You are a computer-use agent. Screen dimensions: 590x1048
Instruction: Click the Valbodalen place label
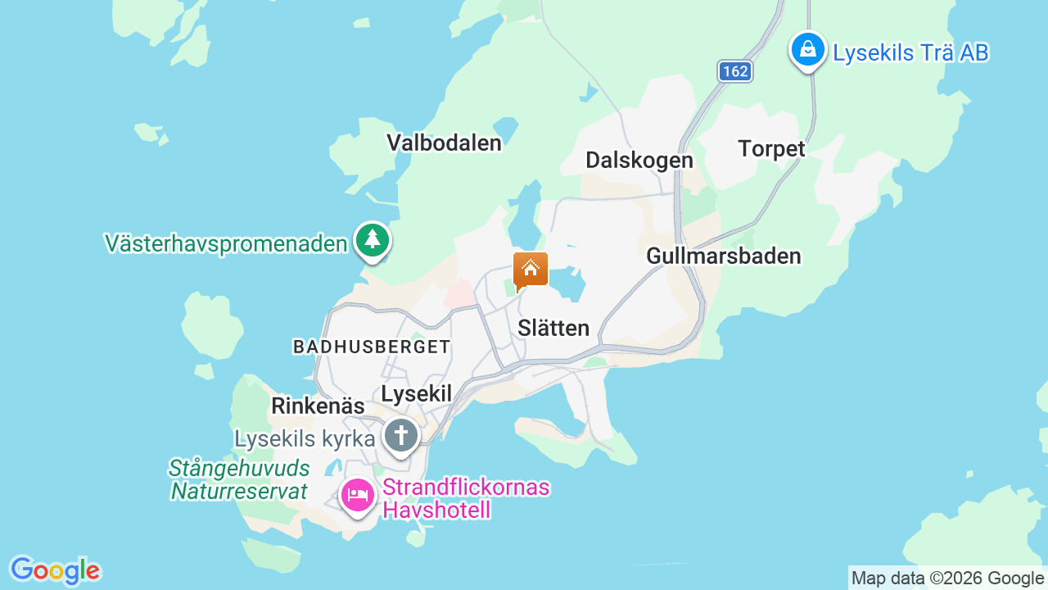click(x=444, y=143)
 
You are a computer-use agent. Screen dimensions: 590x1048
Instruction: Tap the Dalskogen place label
click(x=639, y=160)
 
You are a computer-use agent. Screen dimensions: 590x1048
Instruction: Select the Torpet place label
click(x=771, y=149)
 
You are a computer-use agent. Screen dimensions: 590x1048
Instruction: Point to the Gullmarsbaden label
click(x=724, y=256)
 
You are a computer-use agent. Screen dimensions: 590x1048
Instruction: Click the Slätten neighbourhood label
click(x=553, y=328)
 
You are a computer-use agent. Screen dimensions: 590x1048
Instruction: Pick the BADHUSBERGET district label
click(x=373, y=347)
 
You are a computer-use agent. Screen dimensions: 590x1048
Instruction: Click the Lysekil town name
click(x=417, y=394)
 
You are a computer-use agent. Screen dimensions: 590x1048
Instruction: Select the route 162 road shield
click(x=735, y=71)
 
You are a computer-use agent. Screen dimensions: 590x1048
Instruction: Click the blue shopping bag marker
click(x=808, y=49)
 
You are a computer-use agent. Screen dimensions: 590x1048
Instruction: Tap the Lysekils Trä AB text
click(x=910, y=52)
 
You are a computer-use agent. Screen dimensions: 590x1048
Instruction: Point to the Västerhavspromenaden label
click(x=226, y=243)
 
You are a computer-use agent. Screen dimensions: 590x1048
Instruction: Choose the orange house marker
click(x=531, y=270)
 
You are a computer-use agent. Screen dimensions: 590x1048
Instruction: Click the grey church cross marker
click(x=401, y=435)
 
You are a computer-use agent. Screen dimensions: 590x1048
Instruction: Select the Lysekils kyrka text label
click(x=305, y=439)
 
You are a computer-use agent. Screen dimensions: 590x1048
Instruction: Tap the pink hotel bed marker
click(x=358, y=495)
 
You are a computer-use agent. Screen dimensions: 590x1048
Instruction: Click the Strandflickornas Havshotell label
click(x=465, y=498)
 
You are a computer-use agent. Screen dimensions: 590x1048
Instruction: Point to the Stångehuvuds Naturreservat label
click(x=239, y=479)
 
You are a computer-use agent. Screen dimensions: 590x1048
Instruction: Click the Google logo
click(x=55, y=570)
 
